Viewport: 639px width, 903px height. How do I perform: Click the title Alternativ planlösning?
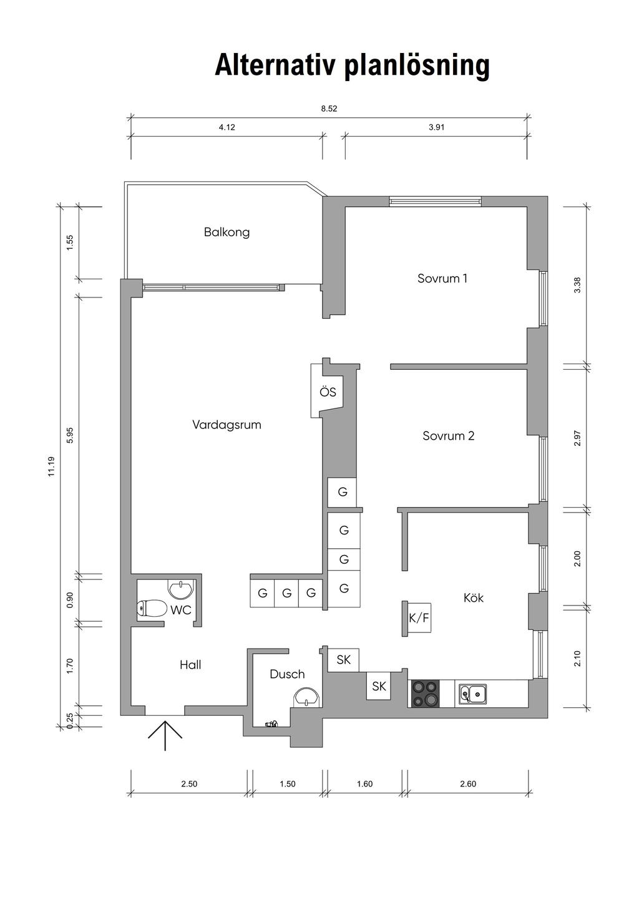pyautogui.click(x=352, y=65)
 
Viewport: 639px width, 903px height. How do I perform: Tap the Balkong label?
pyautogui.click(x=227, y=232)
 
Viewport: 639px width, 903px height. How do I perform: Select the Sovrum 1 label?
pyautogui.click(x=442, y=278)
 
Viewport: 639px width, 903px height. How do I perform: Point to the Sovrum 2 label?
pyautogui.click(x=448, y=435)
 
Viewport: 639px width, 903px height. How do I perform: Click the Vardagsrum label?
pyautogui.click(x=227, y=425)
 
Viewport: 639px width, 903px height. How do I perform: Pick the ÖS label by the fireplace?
pyautogui.click(x=328, y=392)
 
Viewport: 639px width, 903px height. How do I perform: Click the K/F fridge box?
pyautogui.click(x=419, y=618)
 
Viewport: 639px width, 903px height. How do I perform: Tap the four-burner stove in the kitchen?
pyautogui.click(x=424, y=693)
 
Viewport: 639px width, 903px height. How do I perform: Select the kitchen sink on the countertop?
pyautogui.click(x=472, y=693)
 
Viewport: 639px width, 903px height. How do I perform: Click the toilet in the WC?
pyautogui.click(x=152, y=609)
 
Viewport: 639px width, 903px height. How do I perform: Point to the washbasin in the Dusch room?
pyautogui.click(x=306, y=697)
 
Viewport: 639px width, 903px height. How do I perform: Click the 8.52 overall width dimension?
pyautogui.click(x=329, y=109)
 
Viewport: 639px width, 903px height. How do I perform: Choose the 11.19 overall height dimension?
pyautogui.click(x=52, y=466)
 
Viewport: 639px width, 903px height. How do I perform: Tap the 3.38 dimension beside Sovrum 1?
pyautogui.click(x=577, y=286)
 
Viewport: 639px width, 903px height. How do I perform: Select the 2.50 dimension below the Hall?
pyautogui.click(x=189, y=784)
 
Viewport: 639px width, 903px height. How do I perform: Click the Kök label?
pyautogui.click(x=474, y=597)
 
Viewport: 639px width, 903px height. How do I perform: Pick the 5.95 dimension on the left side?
pyautogui.click(x=70, y=435)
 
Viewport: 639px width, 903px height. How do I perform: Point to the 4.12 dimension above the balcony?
pyautogui.click(x=227, y=127)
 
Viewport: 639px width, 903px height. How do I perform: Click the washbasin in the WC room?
pyautogui.click(x=182, y=588)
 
